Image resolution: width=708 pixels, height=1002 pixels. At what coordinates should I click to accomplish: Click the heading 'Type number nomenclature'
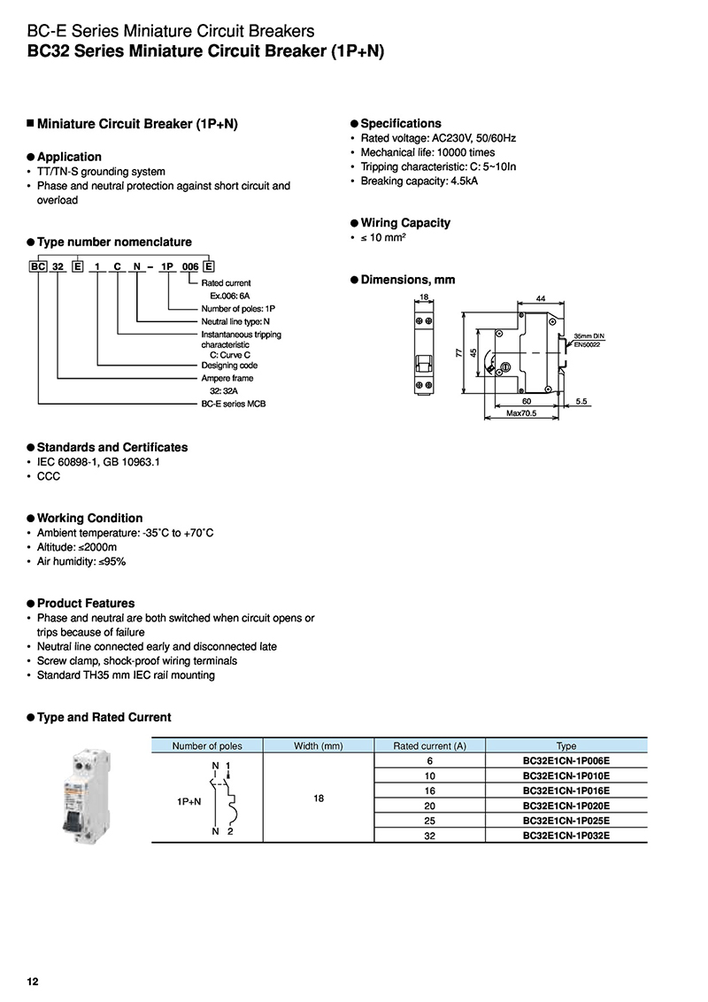pyautogui.click(x=114, y=242)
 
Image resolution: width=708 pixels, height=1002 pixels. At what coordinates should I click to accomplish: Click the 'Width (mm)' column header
pyautogui.click(x=319, y=746)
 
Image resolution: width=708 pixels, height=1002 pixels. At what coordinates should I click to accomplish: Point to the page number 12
pyautogui.click(x=33, y=982)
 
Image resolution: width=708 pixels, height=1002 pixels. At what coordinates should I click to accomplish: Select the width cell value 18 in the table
pyautogui.click(x=319, y=798)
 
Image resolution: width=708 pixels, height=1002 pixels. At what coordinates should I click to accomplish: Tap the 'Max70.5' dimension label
pyautogui.click(x=523, y=413)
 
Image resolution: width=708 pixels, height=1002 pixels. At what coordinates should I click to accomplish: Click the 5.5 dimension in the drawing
pyautogui.click(x=581, y=401)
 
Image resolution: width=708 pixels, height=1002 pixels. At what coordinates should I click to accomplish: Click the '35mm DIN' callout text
pyautogui.click(x=589, y=336)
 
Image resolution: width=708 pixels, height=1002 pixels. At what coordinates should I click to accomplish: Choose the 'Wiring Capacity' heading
pyautogui.click(x=405, y=223)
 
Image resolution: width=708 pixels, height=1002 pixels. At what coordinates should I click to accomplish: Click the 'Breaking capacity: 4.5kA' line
pyautogui.click(x=419, y=181)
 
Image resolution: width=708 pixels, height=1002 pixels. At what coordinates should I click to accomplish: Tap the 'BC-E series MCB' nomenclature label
pyautogui.click(x=234, y=404)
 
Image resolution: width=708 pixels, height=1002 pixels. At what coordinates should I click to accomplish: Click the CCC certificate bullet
pyautogui.click(x=48, y=476)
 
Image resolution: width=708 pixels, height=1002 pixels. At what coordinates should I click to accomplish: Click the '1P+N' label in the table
pyautogui.click(x=189, y=801)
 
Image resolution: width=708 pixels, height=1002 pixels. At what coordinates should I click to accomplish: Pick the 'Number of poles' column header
pyautogui.click(x=207, y=746)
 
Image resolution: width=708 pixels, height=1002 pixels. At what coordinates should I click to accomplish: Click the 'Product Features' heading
pyautogui.click(x=86, y=603)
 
